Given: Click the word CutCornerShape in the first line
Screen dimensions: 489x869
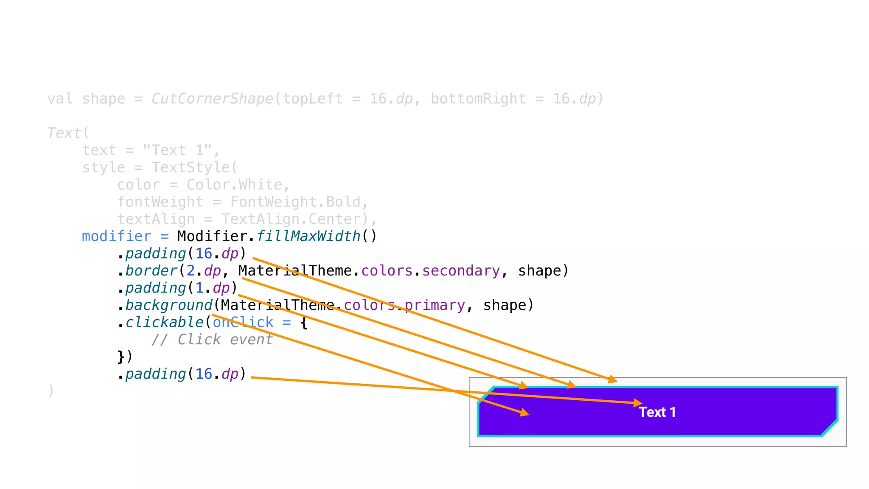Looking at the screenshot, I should point(212,99).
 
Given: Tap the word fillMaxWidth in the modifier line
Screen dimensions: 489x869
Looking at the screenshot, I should point(308,236).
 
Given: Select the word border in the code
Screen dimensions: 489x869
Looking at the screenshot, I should point(151,271).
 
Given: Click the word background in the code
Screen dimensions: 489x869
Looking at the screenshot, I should point(168,305).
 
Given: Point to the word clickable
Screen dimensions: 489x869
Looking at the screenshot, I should point(164,323).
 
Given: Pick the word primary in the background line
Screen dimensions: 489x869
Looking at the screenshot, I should point(434,305).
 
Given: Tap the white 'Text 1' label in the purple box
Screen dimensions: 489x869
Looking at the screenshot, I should point(657,412).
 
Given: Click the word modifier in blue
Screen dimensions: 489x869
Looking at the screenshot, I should point(116,236).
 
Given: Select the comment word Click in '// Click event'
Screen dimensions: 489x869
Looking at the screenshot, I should point(199,340).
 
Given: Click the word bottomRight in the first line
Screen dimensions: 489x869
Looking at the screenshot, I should point(478,99).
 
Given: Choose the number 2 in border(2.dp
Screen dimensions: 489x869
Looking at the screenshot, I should point(191,271).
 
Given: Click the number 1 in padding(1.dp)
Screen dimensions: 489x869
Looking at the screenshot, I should point(199,288).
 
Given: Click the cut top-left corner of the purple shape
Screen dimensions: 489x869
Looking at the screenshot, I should point(486,394).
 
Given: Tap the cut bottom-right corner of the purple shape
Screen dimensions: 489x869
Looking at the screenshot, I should point(830,428).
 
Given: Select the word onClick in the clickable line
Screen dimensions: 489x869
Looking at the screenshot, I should point(243,323).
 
